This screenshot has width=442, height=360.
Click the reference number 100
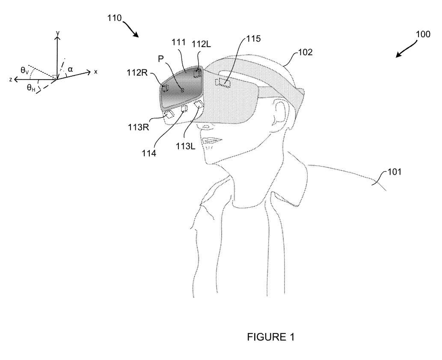(423, 35)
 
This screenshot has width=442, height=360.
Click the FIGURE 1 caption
(271, 337)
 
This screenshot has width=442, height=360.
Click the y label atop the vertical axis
(57, 32)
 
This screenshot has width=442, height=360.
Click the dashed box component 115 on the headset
(223, 82)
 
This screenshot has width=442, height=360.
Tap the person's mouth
(210, 141)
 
